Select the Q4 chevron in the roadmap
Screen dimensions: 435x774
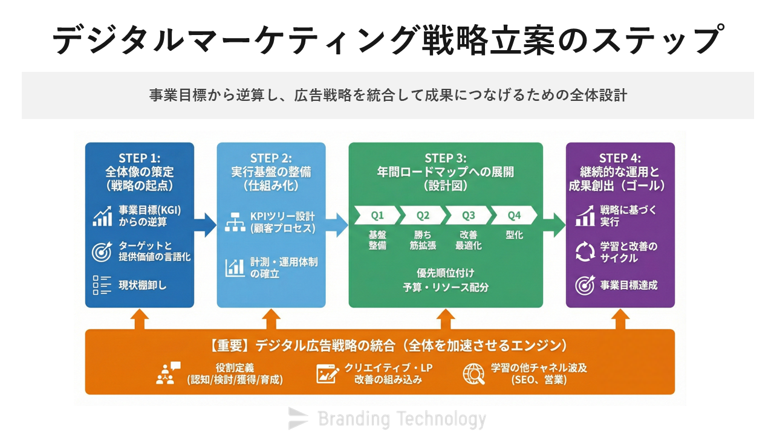514,215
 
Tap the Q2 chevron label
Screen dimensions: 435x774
423,215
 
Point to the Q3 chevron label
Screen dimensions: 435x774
469,215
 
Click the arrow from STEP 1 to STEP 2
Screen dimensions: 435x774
206,225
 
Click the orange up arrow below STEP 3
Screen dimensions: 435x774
446,318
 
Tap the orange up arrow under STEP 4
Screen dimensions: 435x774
620,318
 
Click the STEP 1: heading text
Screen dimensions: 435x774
139,158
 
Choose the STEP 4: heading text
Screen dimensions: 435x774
620,158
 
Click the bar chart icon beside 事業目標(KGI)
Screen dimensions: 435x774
102,216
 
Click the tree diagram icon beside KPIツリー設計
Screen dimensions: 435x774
235,222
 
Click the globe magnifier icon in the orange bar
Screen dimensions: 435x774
473,374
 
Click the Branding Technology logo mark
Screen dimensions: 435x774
298,418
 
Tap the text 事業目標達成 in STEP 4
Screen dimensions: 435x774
628,285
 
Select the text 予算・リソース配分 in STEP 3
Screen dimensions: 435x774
446,288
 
